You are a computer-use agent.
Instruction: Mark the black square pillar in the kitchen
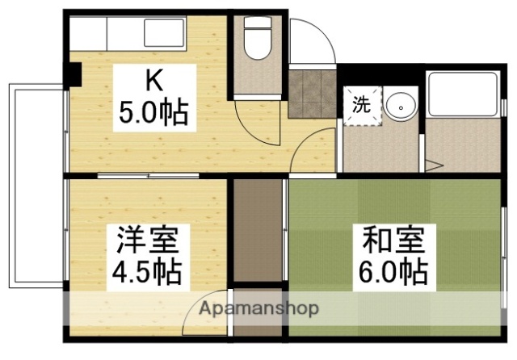(x=74, y=73)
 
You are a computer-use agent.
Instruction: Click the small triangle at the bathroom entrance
(x=435, y=165)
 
